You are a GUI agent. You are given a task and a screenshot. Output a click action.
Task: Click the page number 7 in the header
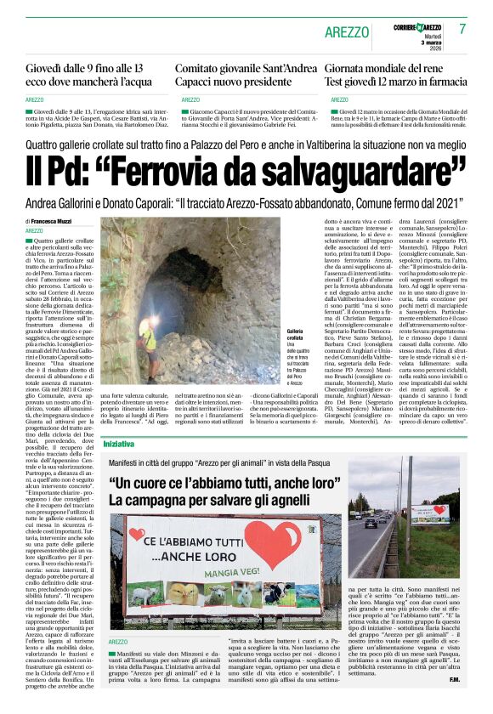[x=463, y=28]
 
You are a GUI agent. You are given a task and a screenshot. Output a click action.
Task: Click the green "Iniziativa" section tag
[x=118, y=444]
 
